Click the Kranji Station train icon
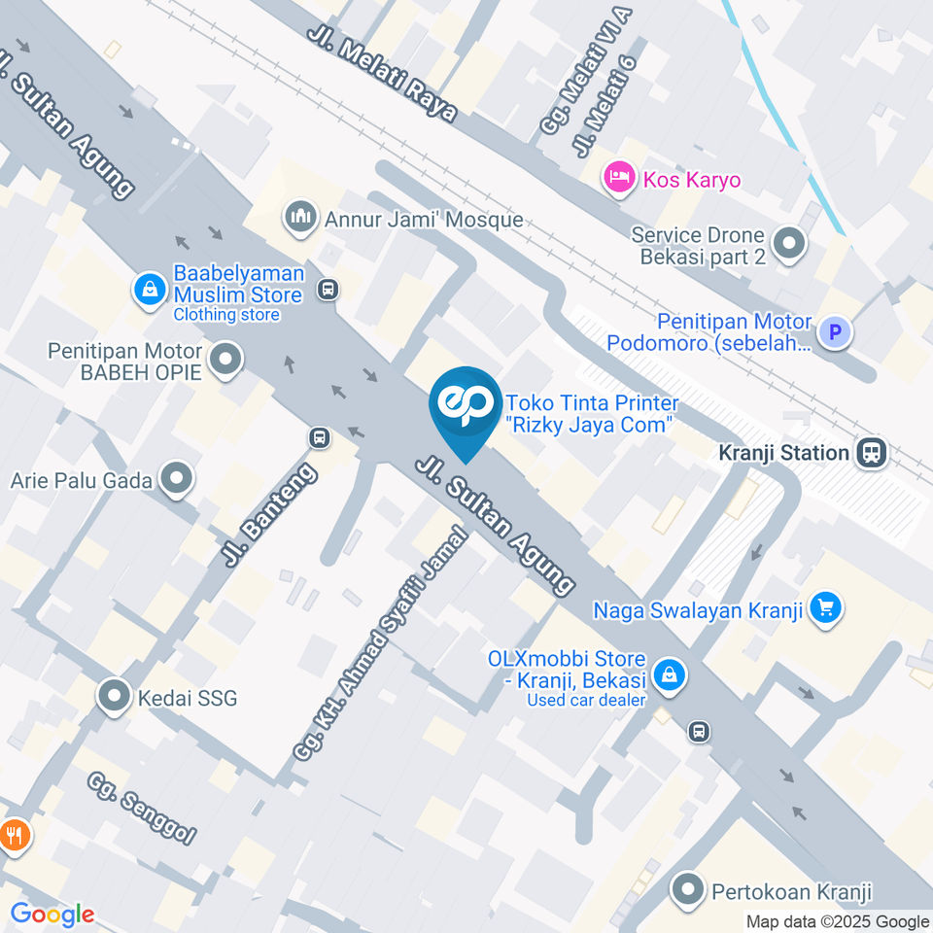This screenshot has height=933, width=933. (x=872, y=452)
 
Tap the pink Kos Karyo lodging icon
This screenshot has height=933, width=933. (x=617, y=179)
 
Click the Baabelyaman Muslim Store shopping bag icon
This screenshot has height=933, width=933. (x=150, y=288)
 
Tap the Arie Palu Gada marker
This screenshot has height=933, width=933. (x=177, y=478)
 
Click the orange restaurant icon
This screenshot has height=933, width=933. (x=13, y=833)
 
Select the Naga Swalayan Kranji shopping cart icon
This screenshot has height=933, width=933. (x=826, y=609)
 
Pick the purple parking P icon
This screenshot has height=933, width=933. (x=833, y=333)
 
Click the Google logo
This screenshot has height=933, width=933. (x=52, y=915)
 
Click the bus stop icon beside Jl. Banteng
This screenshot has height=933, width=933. (x=319, y=438)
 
